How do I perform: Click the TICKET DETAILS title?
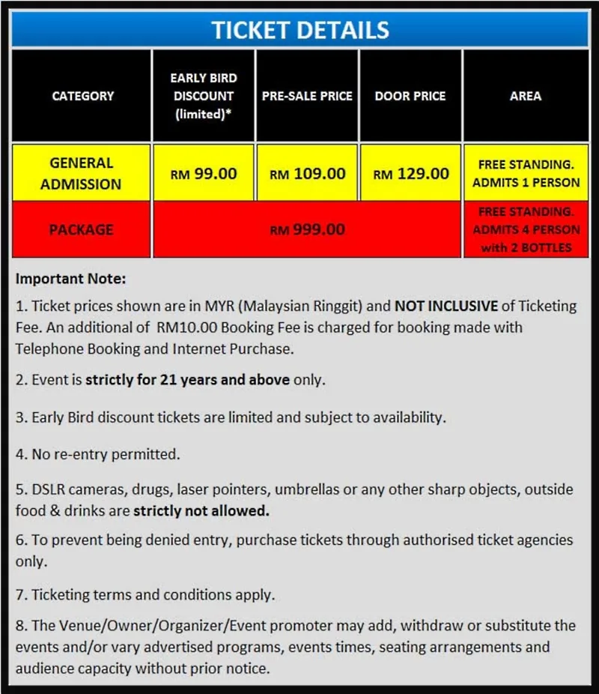(x=299, y=30)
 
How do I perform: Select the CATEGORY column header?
(x=82, y=96)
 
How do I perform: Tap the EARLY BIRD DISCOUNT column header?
(x=203, y=96)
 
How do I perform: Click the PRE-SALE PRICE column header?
(x=307, y=96)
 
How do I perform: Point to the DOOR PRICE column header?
(x=410, y=96)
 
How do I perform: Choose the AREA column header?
(x=525, y=96)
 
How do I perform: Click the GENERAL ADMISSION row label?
(x=81, y=173)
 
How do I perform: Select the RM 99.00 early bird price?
(x=204, y=174)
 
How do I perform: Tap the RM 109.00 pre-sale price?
(x=308, y=174)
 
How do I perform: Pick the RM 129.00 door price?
(x=411, y=174)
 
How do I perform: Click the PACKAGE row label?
(x=81, y=230)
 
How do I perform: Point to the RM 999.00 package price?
(x=308, y=230)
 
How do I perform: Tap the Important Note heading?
(x=71, y=279)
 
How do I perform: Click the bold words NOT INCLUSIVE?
(x=446, y=306)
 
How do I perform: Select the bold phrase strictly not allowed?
(x=201, y=511)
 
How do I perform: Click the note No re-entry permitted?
(x=98, y=454)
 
